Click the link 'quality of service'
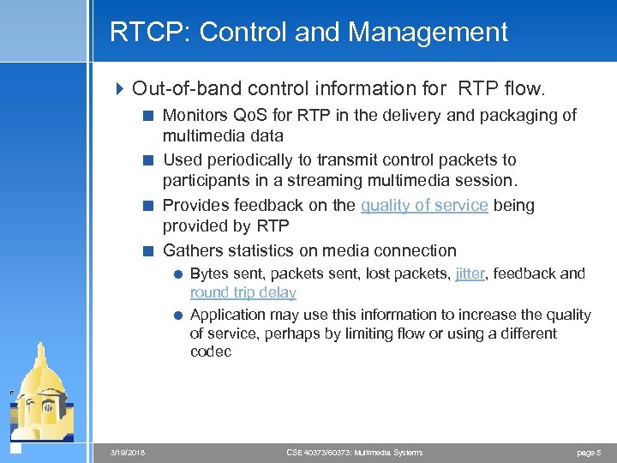[424, 205]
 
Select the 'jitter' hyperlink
[470, 274]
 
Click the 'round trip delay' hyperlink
[243, 292]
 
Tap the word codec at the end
[211, 352]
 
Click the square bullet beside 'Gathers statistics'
[148, 251]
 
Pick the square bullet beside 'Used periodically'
[148, 160]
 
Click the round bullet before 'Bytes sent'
[177, 274]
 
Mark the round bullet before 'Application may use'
[177, 316]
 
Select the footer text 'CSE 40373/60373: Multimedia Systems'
[354, 452]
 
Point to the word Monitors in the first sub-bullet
[195, 115]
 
